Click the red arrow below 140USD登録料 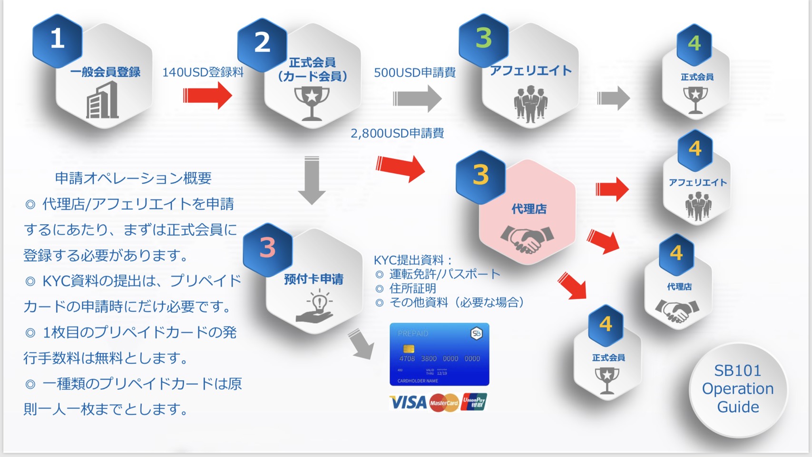pos(207,95)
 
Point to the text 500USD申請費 pos(414,73)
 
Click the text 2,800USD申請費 pos(397,133)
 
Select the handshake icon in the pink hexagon pos(527,238)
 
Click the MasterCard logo pos(444,403)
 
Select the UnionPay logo pos(474,403)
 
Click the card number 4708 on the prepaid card pos(407,358)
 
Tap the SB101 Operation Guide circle pos(738,389)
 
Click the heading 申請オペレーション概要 pos(133,179)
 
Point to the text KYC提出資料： pos(412,260)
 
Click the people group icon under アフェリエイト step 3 pos(530,104)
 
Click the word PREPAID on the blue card pos(413,334)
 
